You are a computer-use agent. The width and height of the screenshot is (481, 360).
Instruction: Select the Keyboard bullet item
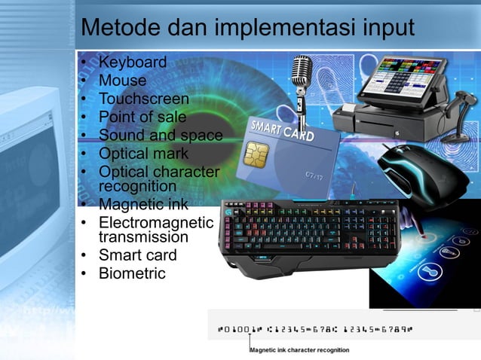133,62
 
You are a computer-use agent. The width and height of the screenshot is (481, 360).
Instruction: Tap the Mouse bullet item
122,80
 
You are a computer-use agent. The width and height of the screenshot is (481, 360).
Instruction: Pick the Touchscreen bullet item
143,98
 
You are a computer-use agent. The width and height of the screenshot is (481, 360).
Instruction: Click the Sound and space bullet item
160,135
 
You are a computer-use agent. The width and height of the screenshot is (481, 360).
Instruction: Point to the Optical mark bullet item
143,153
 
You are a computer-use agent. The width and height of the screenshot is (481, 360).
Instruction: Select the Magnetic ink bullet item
143,203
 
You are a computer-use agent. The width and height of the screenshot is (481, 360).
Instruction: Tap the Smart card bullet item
137,255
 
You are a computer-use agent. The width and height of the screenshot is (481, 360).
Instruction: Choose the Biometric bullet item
132,273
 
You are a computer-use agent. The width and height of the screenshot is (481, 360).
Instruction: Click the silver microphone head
302,70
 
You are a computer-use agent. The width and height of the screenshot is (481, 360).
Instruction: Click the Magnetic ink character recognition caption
299,350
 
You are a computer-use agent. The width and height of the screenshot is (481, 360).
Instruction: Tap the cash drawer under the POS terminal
384,121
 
